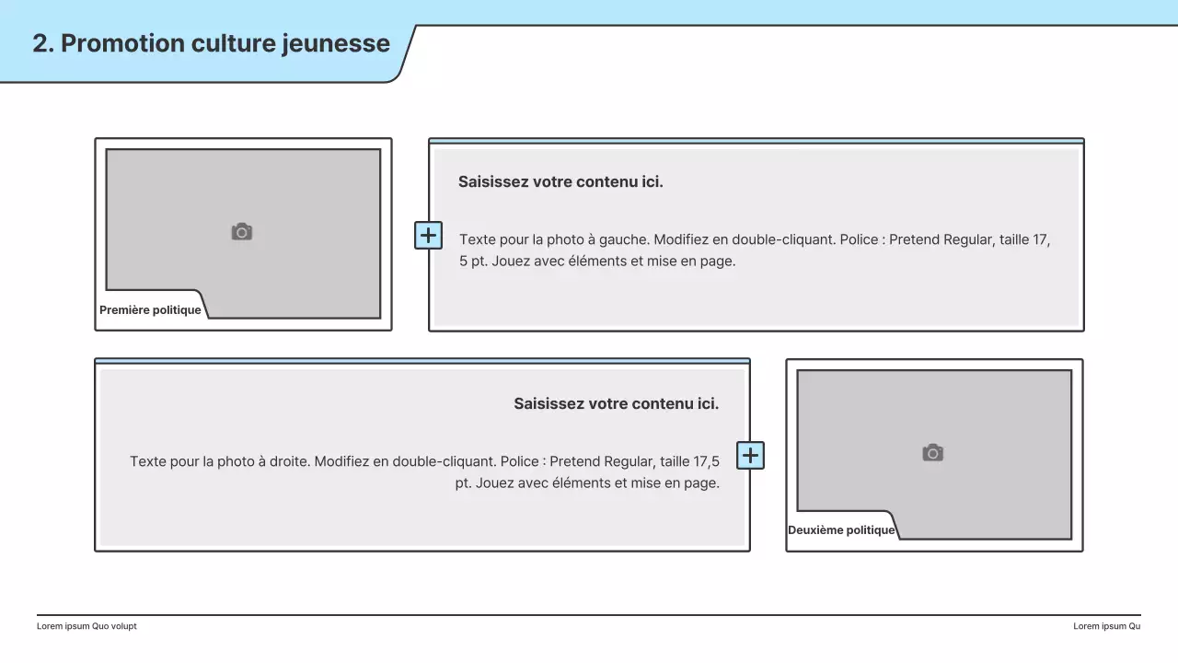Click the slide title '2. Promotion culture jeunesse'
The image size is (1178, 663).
point(211,43)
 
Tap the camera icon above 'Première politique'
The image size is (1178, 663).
point(241,232)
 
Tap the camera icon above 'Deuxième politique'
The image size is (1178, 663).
point(932,453)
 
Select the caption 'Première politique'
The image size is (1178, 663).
point(150,310)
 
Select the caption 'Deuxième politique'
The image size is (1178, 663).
point(841,530)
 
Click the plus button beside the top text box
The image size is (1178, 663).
point(428,236)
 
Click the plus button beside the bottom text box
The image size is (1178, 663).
point(750,455)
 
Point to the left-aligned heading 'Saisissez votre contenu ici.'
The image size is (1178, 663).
point(560,181)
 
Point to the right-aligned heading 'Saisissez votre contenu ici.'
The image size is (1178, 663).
point(616,403)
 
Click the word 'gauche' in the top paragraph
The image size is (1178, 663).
point(624,239)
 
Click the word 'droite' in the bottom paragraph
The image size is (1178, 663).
point(285,461)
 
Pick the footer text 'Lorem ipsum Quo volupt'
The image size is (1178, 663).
point(87,626)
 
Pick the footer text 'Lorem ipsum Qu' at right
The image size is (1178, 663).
point(1106,626)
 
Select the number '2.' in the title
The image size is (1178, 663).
point(43,43)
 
